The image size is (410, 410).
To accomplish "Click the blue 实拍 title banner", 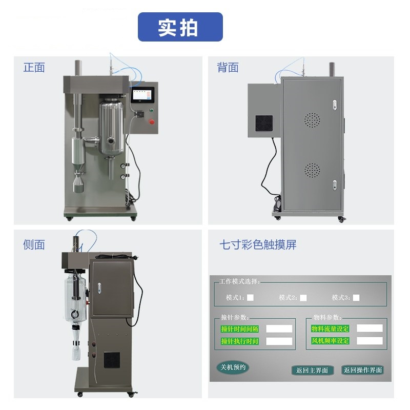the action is pos(180,27).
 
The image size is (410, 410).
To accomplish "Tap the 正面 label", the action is pos(34,68).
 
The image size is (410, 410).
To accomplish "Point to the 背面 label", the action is pos(228,68).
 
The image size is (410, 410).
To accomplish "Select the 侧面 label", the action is pos(34,245).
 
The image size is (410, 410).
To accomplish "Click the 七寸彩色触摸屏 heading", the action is pos(258,245).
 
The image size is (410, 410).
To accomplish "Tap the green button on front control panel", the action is pos(151,110).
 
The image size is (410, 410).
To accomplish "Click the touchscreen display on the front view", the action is pos(143,94).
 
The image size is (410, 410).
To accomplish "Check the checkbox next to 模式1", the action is pos(250,298).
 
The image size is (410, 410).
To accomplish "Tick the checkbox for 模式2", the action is pos(303,298).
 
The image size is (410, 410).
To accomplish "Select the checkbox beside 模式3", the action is pos(356,298).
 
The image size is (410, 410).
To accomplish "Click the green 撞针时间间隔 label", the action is pos(240,329).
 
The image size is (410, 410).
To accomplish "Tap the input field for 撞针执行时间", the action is pos(279,341).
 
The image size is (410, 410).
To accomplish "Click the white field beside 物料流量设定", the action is pos(370,329).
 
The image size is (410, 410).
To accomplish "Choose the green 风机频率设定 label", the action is pos(330,341).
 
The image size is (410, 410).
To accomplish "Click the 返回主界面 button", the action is pos(312,370).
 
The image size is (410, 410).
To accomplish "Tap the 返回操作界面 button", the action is pos(363,370).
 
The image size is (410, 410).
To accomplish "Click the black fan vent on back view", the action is pos(264,124).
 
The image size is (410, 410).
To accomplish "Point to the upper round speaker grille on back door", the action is pos(312,120).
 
